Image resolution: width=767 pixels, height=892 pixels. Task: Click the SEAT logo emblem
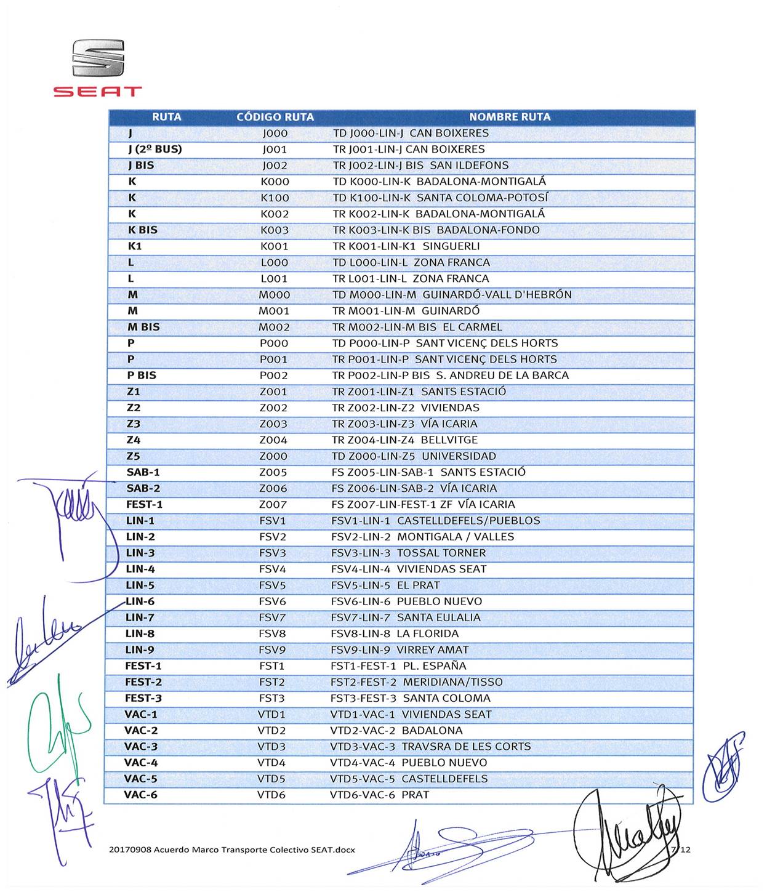point(98,58)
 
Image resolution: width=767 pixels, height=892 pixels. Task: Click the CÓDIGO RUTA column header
point(275,117)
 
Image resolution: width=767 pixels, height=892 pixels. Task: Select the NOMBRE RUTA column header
point(509,117)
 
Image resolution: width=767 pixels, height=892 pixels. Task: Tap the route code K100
point(275,198)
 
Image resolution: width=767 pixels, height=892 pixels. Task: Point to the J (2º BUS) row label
point(155,149)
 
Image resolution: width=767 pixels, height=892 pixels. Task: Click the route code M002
point(274,327)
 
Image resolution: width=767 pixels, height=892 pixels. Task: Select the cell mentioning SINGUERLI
point(406,246)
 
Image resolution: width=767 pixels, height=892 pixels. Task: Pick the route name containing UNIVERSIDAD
point(414,456)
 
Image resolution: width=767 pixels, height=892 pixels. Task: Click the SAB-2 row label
point(143,488)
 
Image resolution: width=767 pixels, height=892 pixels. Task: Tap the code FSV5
point(273,585)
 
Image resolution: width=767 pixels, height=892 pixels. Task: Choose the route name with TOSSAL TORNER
point(408,553)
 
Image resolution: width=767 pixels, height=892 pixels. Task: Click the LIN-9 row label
point(140,649)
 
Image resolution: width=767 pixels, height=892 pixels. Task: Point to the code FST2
point(272,682)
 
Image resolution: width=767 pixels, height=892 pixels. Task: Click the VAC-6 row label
point(140,795)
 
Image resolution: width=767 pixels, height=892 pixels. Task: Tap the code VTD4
point(271,763)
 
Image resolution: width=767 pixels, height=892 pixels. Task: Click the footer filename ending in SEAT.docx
point(232,850)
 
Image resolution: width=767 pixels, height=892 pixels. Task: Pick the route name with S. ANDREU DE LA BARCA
point(450,376)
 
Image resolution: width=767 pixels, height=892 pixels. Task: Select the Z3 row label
point(134,424)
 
